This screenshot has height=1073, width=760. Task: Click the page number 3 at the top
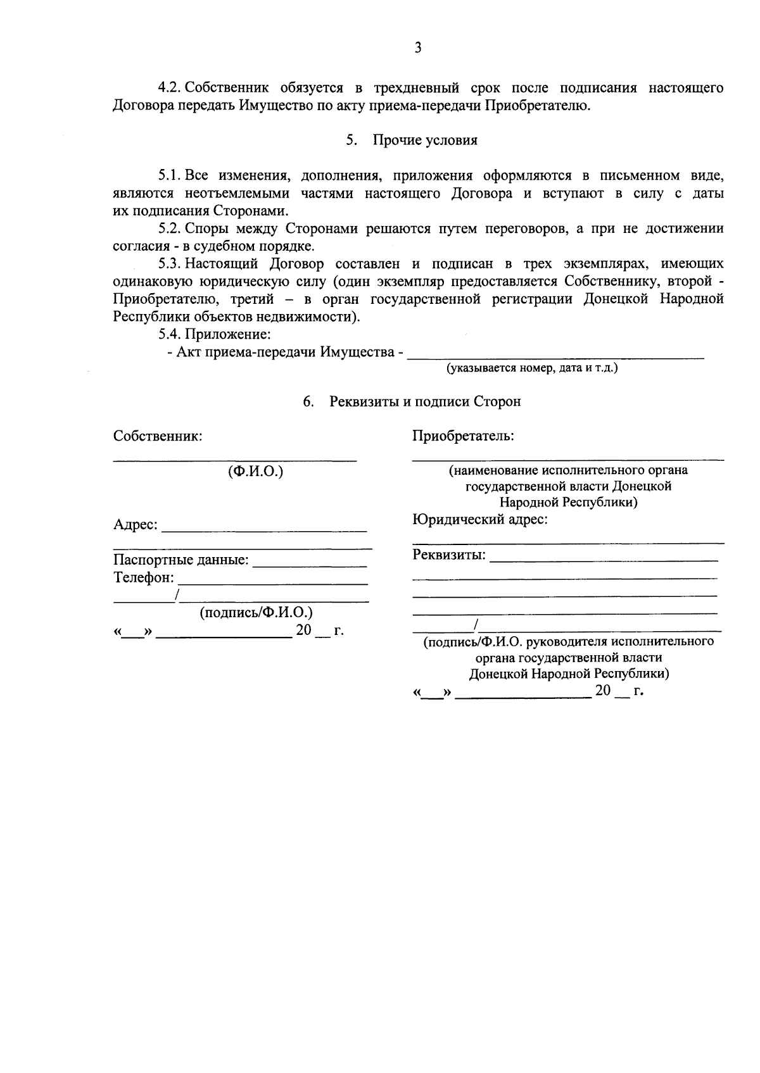click(417, 47)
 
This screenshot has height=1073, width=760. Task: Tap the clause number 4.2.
click(170, 87)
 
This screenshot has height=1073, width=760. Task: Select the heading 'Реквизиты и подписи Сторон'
click(425, 401)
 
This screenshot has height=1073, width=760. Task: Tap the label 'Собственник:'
click(158, 436)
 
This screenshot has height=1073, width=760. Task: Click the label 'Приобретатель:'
click(463, 436)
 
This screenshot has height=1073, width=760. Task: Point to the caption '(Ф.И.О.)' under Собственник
click(255, 472)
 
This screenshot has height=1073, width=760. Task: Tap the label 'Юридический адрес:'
click(480, 520)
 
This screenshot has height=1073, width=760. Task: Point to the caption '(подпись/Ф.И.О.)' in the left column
click(256, 613)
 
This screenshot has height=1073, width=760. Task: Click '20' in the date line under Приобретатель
click(602, 691)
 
